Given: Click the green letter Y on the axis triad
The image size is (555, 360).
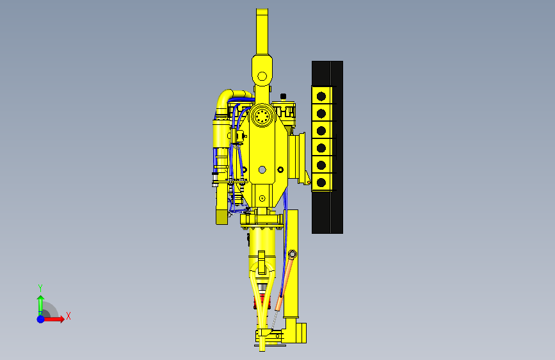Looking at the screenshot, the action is (40, 288).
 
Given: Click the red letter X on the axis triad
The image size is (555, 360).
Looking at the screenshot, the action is (68, 316).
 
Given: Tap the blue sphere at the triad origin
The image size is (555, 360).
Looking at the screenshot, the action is (41, 319).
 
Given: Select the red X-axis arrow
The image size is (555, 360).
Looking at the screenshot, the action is (53, 319).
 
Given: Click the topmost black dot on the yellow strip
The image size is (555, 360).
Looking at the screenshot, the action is (321, 96).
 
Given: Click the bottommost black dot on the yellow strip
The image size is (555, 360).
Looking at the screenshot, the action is (321, 183).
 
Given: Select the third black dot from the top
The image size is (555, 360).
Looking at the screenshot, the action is (321, 131).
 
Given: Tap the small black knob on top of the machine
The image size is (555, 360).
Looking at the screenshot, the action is (283, 96).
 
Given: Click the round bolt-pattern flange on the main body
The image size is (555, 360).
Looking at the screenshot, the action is (262, 116).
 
